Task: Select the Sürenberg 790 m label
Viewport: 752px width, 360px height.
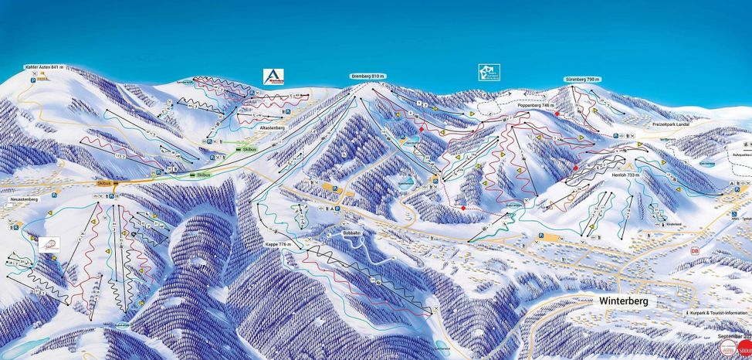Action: (x=581, y=80)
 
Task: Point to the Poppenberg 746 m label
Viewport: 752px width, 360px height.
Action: (x=537, y=105)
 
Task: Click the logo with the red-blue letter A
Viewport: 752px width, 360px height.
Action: (x=273, y=76)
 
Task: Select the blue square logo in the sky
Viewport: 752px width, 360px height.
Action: (x=488, y=73)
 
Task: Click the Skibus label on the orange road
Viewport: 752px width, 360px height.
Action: (x=106, y=183)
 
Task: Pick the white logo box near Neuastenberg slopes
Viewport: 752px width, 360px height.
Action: (x=48, y=244)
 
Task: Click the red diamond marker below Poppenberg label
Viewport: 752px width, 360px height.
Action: (x=557, y=114)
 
